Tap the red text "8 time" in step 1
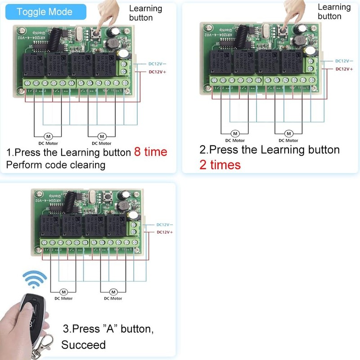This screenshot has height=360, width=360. pyautogui.click(x=150, y=152)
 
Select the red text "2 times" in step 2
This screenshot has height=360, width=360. pyautogui.click(x=220, y=165)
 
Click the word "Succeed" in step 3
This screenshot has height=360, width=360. pyautogui.click(x=83, y=345)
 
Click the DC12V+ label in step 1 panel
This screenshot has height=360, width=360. pyautogui.click(x=157, y=72)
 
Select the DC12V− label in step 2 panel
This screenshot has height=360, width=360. pyautogui.click(x=343, y=61)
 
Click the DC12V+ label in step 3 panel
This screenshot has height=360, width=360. pyautogui.click(x=165, y=232)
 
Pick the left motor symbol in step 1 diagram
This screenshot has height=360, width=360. pyautogui.click(x=48, y=136)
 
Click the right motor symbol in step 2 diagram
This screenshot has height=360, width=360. pyautogui.click(x=288, y=134)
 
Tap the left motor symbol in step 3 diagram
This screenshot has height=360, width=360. pyautogui.click(x=63, y=292)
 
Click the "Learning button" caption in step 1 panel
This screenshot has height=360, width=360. pyautogui.click(x=145, y=13)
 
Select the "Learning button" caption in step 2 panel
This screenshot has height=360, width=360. pyautogui.click(x=334, y=11)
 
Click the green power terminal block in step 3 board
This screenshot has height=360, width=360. pyautogui.click(x=133, y=227)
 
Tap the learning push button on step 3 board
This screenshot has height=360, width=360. pyautogui.click(x=108, y=196)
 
